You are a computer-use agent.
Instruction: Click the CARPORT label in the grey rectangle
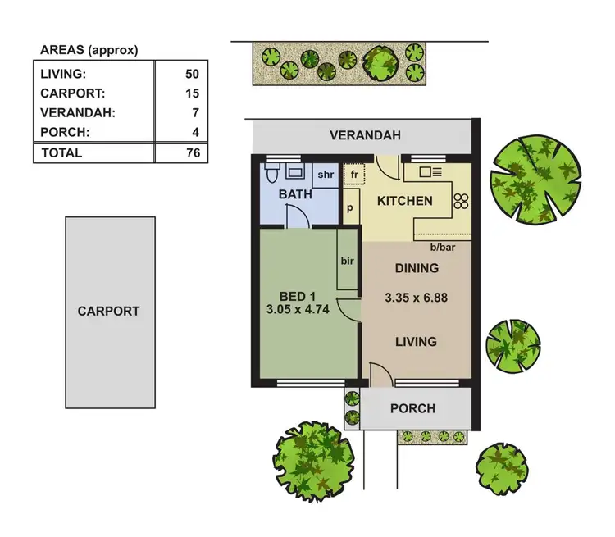(108, 312)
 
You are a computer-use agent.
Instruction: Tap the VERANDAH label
(365, 135)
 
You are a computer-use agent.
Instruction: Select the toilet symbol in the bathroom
(273, 172)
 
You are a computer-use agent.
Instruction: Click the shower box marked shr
(325, 174)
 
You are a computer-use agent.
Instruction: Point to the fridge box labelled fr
(354, 175)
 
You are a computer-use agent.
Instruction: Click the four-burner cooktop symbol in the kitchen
(461, 202)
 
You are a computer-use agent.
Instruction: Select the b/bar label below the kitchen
(442, 248)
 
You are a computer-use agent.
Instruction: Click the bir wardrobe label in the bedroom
(346, 261)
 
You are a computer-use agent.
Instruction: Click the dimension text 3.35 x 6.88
(417, 298)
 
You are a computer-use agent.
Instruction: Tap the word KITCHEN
(404, 201)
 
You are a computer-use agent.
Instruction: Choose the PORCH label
(412, 408)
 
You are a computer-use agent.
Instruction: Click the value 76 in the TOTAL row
(192, 152)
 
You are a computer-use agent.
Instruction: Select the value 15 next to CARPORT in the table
(192, 93)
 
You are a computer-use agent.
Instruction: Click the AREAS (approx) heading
(89, 50)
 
